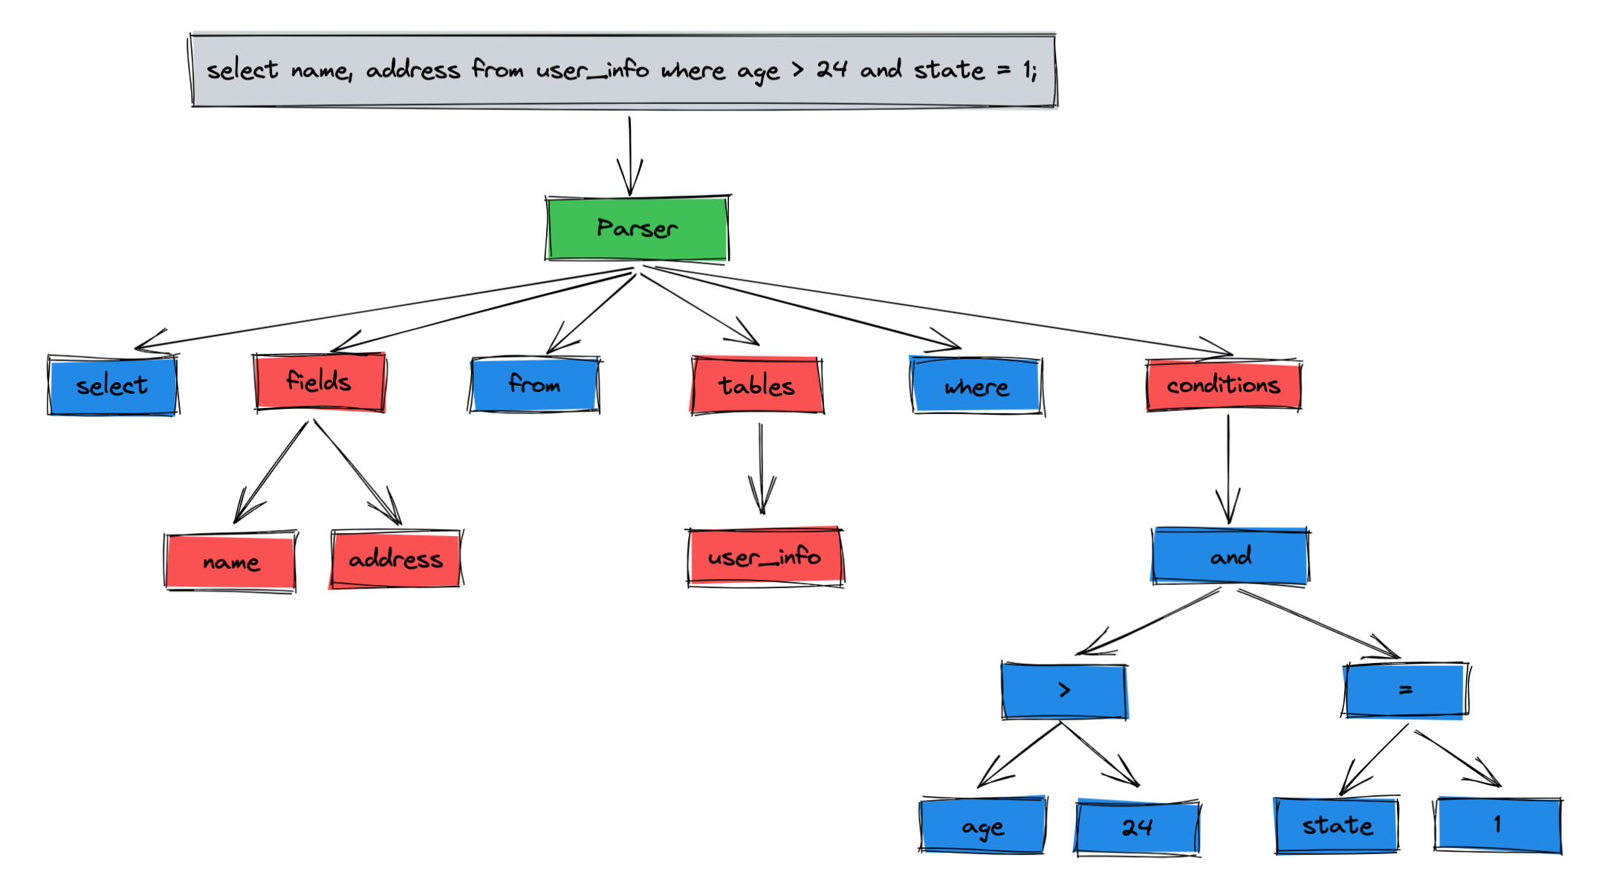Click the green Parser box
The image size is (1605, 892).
[x=637, y=228]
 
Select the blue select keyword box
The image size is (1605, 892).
[x=112, y=386]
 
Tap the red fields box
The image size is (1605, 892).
[x=320, y=382]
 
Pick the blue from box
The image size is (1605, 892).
[x=534, y=384]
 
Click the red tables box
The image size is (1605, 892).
[x=756, y=385]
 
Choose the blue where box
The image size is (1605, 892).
[x=976, y=387]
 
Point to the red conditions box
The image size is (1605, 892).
[x=1223, y=385]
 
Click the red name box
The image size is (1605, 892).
[x=230, y=562]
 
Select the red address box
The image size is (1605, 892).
[x=395, y=559]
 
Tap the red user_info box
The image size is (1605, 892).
[x=765, y=557]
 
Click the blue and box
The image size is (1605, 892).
[x=1230, y=556]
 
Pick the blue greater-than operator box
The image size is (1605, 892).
[x=1064, y=691]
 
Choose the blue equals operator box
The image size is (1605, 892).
[x=1405, y=691]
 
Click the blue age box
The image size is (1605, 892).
[x=982, y=826]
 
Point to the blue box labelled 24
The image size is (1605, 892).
[x=1137, y=827]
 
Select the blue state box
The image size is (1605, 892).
[x=1337, y=826]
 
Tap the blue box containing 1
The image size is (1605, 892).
[x=1497, y=824]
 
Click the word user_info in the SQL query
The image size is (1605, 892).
[x=592, y=71]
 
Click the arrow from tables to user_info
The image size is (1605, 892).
[x=761, y=468]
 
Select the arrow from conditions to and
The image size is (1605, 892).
[x=1228, y=468]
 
